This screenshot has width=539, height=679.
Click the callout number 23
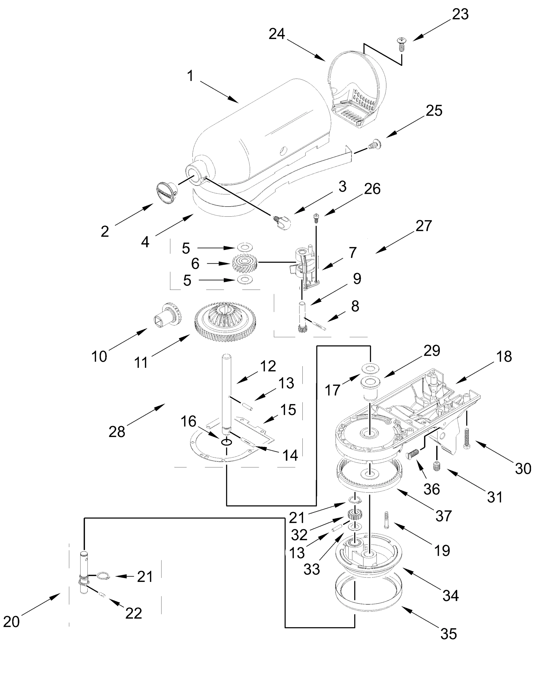460,14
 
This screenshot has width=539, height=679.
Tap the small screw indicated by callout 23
401,44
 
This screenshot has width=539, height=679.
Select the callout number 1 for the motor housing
190,76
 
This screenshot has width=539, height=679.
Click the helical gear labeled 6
245,263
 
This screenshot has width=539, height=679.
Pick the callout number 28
117,431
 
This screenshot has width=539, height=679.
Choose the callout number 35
448,634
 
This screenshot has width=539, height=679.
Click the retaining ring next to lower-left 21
103,576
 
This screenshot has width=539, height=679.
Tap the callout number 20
11,622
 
